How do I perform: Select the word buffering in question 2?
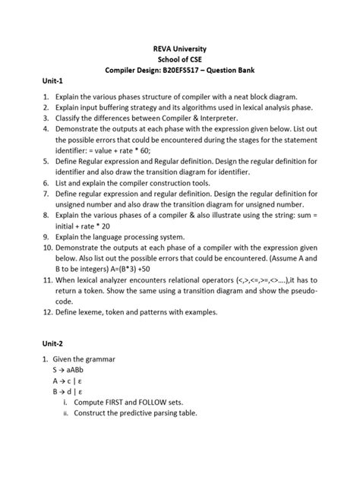119,108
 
